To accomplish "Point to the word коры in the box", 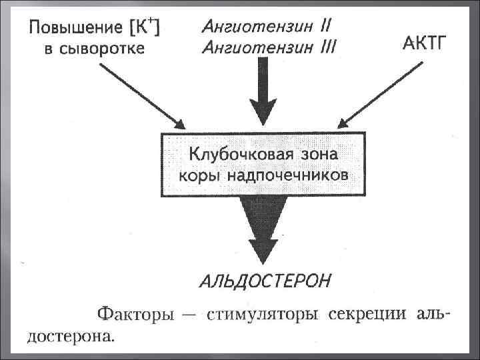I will pyautogui.click(x=200, y=176).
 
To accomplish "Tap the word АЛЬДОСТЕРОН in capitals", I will pyautogui.click(x=264, y=279).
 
